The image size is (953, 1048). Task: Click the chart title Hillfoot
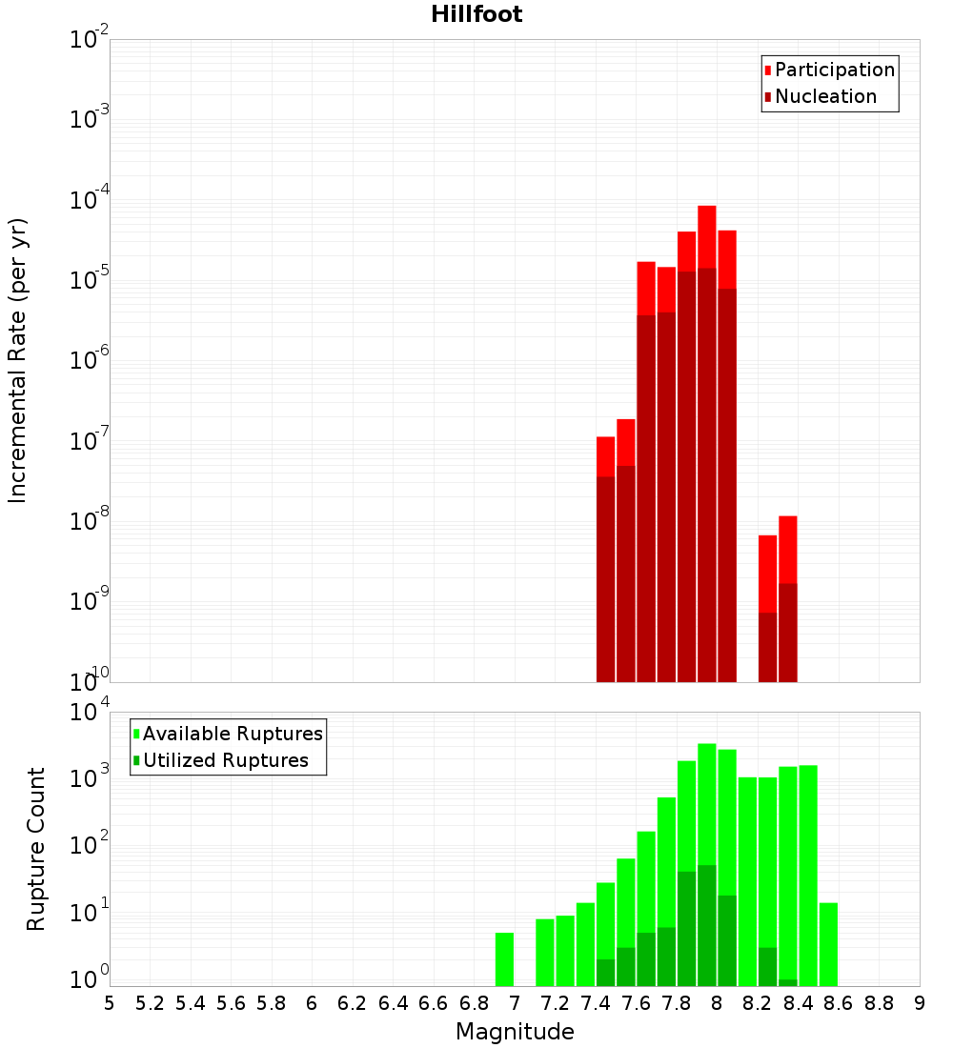coord(476,14)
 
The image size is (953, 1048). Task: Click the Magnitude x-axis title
coord(515,1032)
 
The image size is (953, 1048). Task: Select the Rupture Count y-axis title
coord(36,848)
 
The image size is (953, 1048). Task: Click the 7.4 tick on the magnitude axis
coord(596,1002)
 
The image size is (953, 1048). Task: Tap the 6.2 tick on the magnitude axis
coord(353,1002)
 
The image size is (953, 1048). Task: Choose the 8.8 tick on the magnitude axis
coord(880,1002)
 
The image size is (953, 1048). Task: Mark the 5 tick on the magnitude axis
coord(110,1002)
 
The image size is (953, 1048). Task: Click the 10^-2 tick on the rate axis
coord(89,40)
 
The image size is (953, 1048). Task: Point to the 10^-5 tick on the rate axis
coord(89,280)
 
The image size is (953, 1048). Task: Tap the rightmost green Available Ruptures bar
coord(828,944)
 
